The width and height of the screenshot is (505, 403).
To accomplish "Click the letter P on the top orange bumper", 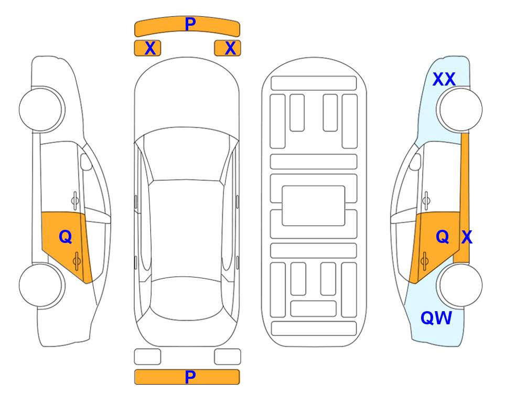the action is [x=190, y=24].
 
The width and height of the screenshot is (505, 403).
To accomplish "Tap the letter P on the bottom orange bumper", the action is [x=190, y=377].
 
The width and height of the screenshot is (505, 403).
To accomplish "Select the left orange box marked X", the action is [x=147, y=48].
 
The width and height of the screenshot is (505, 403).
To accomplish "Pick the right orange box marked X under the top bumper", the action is [x=228, y=48].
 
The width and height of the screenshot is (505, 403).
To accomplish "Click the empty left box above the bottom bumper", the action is [x=147, y=357].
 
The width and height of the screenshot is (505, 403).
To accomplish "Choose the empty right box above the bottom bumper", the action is [x=228, y=357].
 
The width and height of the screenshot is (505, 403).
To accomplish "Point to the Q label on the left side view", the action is [x=66, y=237].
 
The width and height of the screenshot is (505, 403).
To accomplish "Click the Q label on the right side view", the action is [x=443, y=237].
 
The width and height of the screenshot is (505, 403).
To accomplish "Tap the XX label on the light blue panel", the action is [x=444, y=79].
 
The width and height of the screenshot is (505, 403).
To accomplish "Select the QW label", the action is [x=436, y=318].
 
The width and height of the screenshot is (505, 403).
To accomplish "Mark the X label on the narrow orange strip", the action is [x=467, y=237].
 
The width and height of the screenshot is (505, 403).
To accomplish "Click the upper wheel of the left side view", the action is [x=41, y=110].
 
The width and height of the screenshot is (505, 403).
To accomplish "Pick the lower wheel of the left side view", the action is [x=41, y=285].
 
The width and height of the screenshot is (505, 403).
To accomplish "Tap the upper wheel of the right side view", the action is [x=459, y=110].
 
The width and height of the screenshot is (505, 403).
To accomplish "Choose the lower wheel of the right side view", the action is [x=459, y=285].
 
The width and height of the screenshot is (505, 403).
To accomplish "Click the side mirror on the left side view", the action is [x=86, y=162].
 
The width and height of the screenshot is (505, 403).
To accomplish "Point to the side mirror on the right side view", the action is [x=415, y=162].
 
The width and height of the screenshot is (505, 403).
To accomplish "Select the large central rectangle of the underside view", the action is [x=314, y=206].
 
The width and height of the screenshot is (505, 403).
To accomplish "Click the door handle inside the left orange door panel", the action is [x=77, y=261].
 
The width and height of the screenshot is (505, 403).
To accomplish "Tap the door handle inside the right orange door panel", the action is [x=424, y=261].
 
